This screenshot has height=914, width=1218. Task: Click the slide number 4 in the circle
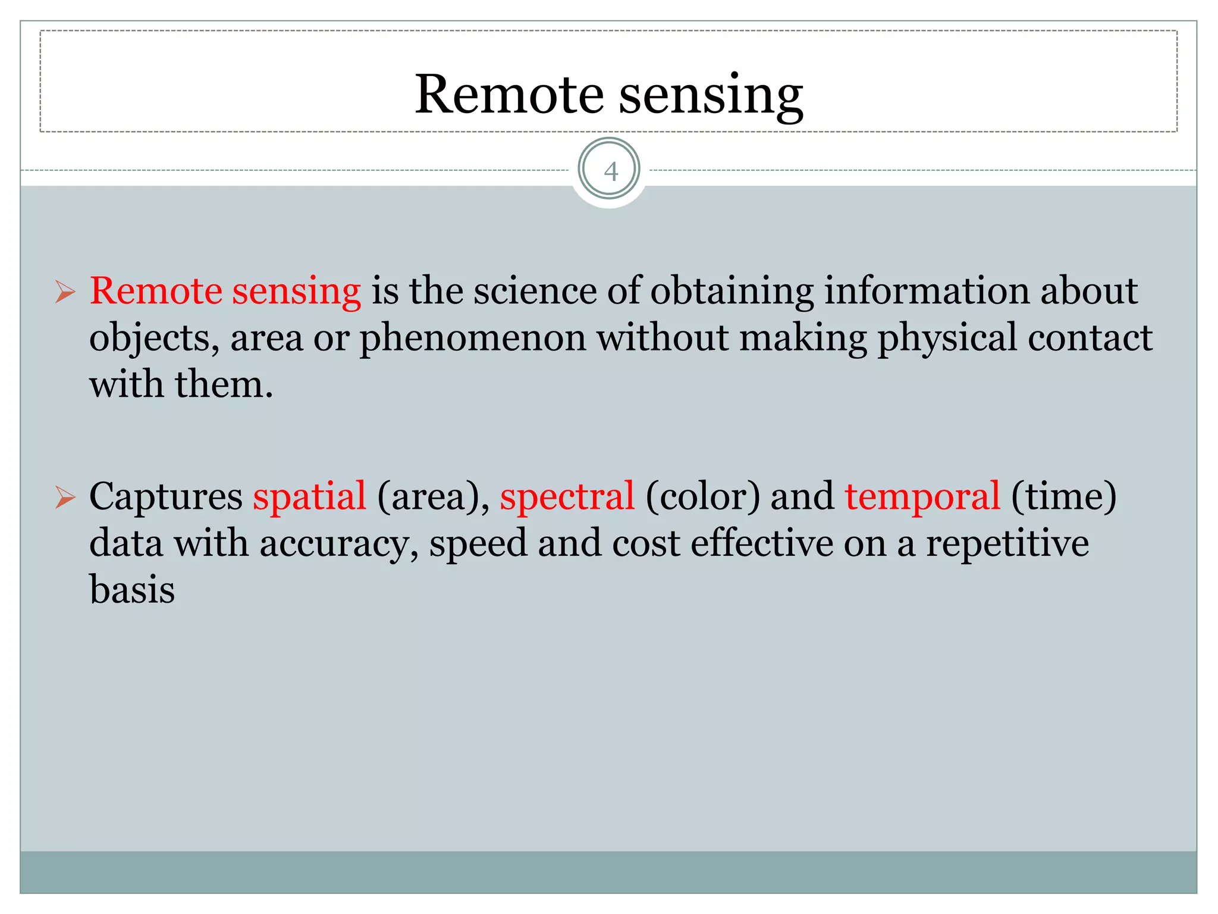click(610, 171)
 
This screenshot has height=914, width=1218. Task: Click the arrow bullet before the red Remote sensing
click(65, 292)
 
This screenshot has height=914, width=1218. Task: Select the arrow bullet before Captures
click(65, 497)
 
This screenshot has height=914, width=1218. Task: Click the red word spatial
click(309, 497)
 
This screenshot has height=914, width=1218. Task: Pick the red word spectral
click(567, 497)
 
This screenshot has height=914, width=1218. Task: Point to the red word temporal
click(922, 497)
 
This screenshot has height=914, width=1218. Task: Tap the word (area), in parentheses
click(433, 497)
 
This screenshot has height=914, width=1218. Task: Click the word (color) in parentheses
click(702, 497)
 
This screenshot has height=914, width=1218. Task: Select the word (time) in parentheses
click(1063, 497)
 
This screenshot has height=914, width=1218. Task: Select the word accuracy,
click(339, 544)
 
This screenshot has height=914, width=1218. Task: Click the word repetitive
click(1007, 544)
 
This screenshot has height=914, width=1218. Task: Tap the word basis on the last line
click(132, 590)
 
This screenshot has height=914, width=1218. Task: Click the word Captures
click(165, 497)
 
